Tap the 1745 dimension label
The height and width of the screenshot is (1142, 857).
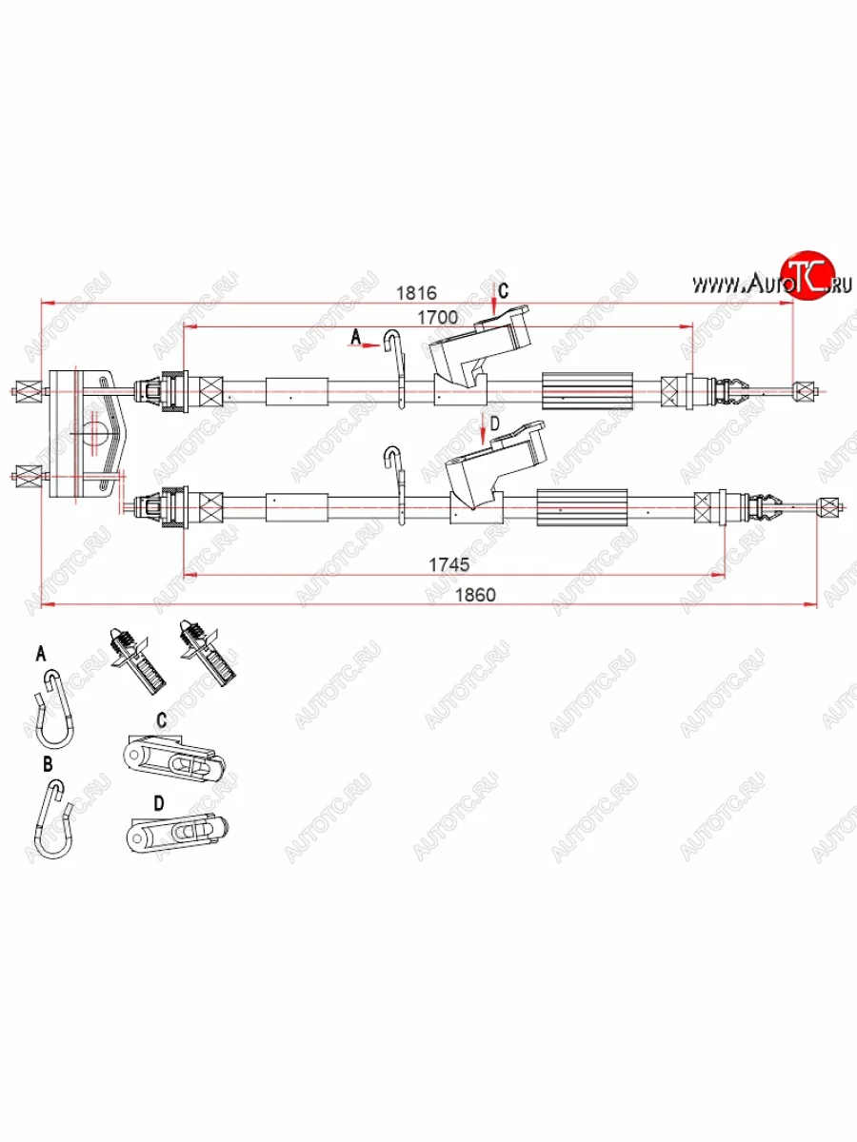448,564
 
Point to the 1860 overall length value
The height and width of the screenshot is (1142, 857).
474,595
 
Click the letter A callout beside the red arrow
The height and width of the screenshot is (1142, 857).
357,336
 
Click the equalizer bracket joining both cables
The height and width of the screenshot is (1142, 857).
81,433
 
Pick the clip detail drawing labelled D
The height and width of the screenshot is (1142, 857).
177,834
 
